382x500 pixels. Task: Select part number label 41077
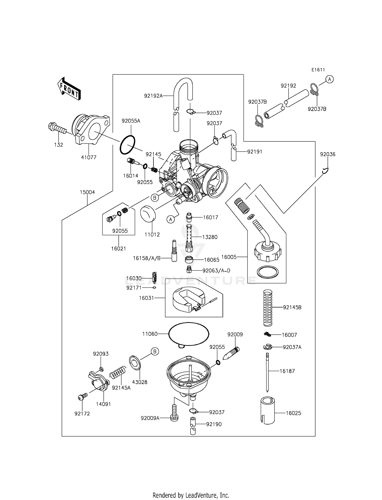coord(89,157)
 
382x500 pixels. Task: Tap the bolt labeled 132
coord(57,128)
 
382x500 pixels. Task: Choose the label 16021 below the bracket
coord(118,248)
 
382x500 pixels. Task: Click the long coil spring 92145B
coord(267,308)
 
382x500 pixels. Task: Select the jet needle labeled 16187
coord(267,372)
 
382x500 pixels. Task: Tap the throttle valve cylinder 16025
coord(268,410)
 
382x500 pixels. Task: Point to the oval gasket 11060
coord(189,333)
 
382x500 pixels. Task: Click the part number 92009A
coord(150,418)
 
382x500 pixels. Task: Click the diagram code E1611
coord(318,70)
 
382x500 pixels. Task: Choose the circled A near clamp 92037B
coord(330,80)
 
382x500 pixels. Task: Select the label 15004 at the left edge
coord(87,192)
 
